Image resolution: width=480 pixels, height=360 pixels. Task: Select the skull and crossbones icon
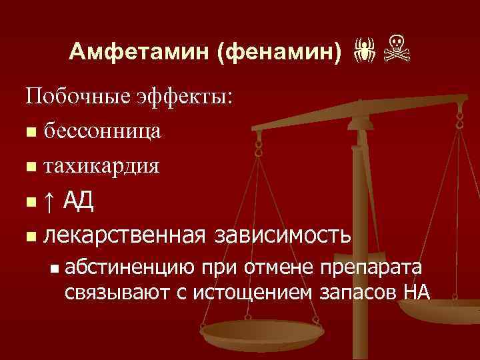tap(399, 51)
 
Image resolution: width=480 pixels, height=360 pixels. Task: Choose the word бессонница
tap(101, 131)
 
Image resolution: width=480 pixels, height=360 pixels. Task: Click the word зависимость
tap(283, 235)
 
